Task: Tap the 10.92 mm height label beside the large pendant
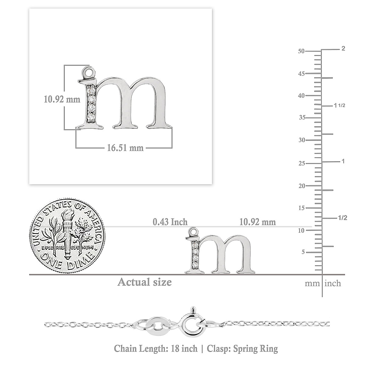[x=62, y=99]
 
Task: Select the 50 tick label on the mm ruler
[x=301, y=51]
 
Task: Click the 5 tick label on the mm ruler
[x=303, y=252]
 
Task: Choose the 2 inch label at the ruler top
[x=343, y=49]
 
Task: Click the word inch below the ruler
[x=333, y=283]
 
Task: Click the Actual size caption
[x=144, y=282]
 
